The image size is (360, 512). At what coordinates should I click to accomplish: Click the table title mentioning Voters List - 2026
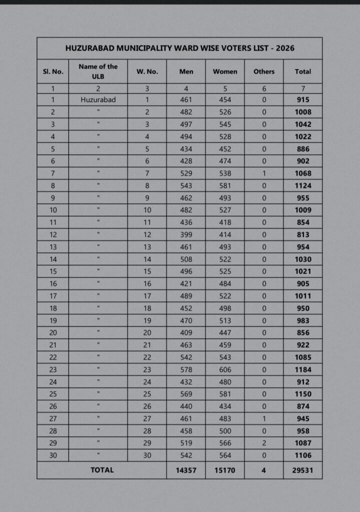click(x=179, y=48)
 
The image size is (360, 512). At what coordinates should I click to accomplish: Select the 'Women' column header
click(x=225, y=71)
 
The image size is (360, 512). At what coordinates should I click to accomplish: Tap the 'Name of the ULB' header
click(x=98, y=71)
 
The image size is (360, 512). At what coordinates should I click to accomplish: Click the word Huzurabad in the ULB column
click(x=98, y=99)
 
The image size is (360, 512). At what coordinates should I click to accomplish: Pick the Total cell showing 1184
click(x=302, y=369)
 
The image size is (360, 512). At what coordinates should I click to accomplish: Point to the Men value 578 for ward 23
click(x=186, y=369)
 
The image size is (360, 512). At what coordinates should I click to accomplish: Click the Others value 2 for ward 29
click(x=263, y=443)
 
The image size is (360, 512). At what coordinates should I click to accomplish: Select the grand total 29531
click(x=302, y=470)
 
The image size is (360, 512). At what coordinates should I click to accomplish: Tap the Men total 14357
click(x=186, y=470)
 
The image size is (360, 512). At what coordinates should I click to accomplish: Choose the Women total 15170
click(x=225, y=470)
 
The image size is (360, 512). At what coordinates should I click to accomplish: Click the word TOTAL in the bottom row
click(x=101, y=470)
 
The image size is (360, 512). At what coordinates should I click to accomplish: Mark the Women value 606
click(x=225, y=369)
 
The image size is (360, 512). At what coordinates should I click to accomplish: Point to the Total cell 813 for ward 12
click(x=302, y=234)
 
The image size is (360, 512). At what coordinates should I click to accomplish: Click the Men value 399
click(x=186, y=234)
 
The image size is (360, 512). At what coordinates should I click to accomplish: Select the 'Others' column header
click(x=263, y=71)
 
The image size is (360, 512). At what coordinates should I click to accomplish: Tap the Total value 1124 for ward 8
click(x=302, y=185)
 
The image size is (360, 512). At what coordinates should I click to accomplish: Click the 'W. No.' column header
click(x=147, y=71)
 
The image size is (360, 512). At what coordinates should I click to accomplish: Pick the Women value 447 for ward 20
click(x=225, y=332)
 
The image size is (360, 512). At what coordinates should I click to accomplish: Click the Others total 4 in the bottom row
click(x=263, y=470)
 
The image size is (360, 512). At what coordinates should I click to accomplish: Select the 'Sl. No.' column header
click(x=53, y=71)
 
